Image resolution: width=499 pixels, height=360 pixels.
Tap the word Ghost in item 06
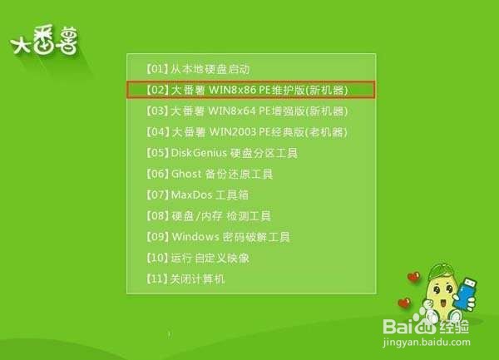[x=185, y=175]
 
